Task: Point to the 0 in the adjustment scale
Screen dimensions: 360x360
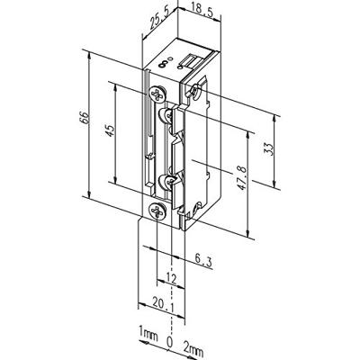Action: [x=169, y=343]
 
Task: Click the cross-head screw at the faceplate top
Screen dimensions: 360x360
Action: [x=158, y=92]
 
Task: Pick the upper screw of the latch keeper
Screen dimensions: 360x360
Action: [x=164, y=117]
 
